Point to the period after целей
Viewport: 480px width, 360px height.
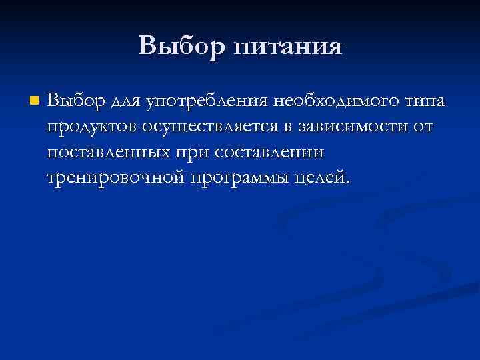(x=345, y=185)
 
